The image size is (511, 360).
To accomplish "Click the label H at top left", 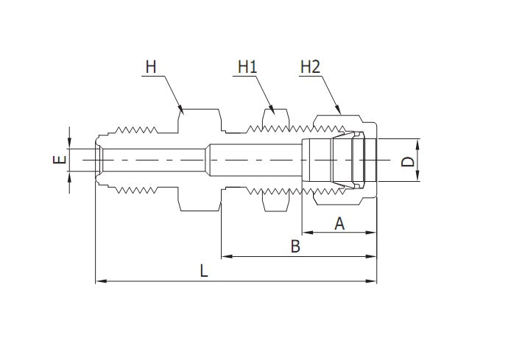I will pos(150,67).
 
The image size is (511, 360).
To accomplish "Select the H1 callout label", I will pos(247,67).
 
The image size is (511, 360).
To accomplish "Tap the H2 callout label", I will pos(310,67).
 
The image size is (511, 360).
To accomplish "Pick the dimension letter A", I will pos(339,224).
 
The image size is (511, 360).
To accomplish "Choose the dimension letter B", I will pos(295,247).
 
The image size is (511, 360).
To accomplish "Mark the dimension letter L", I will pos(204,270).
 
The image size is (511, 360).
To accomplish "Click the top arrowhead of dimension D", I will pos(417,141).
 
